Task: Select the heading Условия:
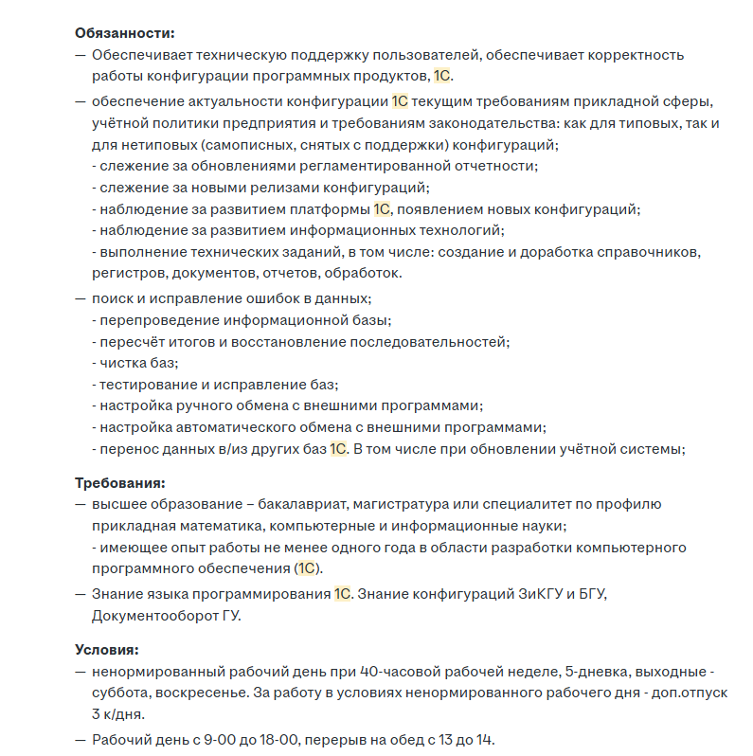pyautogui.click(x=107, y=650)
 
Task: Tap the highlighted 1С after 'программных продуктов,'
pyautogui.click(x=442, y=76)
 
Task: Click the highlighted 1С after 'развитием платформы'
pyautogui.click(x=382, y=209)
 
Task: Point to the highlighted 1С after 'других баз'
pyautogui.click(x=339, y=449)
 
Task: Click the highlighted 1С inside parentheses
pyautogui.click(x=307, y=568)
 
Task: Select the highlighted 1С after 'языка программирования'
pyautogui.click(x=343, y=594)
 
